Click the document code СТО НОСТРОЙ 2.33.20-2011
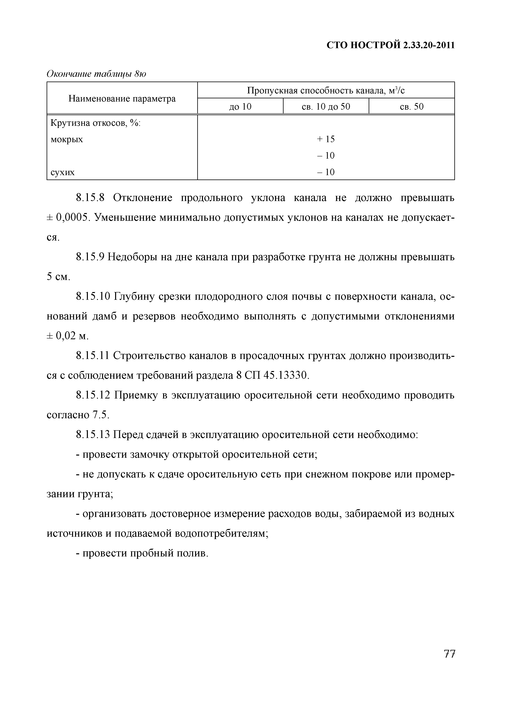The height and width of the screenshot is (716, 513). pos(391,45)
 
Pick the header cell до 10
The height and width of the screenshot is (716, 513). pos(240,107)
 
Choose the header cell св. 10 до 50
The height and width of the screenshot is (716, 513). pos(326,107)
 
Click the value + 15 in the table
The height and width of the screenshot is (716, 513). pos(326,139)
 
